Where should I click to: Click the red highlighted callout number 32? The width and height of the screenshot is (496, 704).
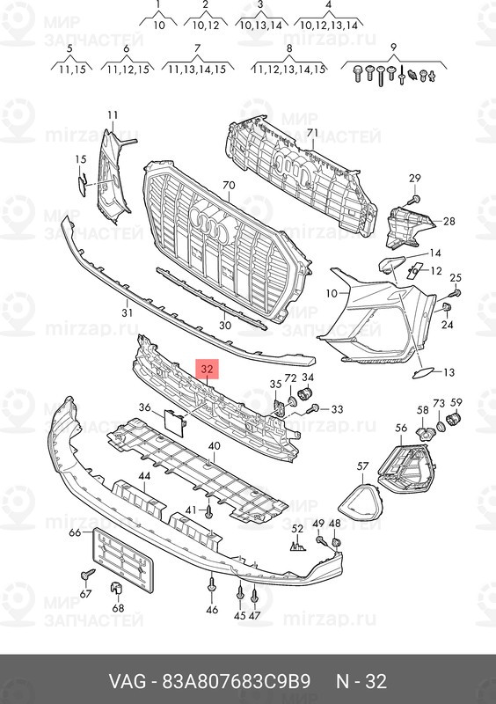point(207,369)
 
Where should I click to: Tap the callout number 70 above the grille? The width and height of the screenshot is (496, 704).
point(229,185)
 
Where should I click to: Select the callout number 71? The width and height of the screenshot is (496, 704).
point(312,133)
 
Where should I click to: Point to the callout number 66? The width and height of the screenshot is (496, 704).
point(75,533)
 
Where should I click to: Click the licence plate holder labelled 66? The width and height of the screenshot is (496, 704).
point(122,560)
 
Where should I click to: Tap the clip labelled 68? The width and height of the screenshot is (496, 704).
point(116,587)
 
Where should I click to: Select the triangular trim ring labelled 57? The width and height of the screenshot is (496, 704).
point(361,502)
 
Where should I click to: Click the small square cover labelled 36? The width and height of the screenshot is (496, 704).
point(174,423)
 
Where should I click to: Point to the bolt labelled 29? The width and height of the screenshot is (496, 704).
point(415,199)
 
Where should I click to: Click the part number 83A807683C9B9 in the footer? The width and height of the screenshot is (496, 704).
point(236,681)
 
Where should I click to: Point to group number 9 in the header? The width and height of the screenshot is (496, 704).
point(393,47)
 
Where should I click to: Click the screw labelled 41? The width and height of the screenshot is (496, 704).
point(208,511)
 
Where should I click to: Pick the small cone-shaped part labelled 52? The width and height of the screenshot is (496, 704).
point(297,546)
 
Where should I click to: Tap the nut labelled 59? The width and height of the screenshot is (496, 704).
point(455,419)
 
